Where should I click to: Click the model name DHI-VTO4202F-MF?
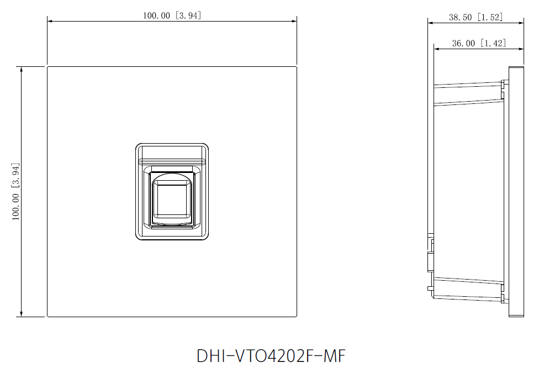pos(271,356)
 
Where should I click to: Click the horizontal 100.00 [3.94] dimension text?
pos(172,15)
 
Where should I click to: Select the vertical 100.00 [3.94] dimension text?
pos(17,191)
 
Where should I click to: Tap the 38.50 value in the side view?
pos(460,17)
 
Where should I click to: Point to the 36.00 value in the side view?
pos(463,43)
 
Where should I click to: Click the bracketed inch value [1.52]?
pos(490,17)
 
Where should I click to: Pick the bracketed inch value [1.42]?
pos(493,43)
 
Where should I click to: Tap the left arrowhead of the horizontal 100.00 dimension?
pos(50,22)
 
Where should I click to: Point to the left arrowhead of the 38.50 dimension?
pos(430,23)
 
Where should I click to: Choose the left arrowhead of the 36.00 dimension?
pos(436,49)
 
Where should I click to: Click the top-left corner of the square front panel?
pos(47,67)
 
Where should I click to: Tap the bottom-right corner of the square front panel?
pos(297,317)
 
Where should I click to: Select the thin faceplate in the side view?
pos(516,191)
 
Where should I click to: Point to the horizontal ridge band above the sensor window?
pos(172,161)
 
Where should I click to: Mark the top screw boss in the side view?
pos(503,84)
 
